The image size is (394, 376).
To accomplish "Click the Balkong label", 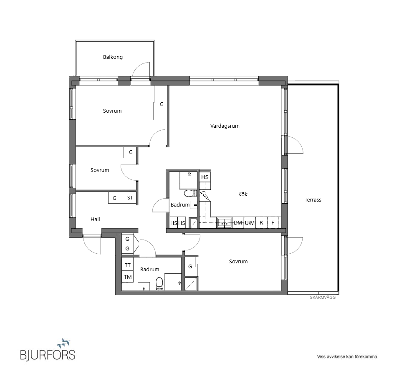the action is click(113, 57).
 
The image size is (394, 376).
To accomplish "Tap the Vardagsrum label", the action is click(225, 126).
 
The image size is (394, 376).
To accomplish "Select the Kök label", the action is click(243, 194).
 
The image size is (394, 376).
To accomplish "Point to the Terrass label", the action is click(313, 199).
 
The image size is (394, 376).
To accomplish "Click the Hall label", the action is click(95, 219).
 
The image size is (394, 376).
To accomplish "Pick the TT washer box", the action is click(128, 265).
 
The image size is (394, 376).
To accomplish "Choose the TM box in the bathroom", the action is click(128, 277).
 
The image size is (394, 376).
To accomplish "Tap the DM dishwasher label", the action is click(238, 222).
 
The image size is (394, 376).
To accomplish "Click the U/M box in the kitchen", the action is click(250, 222).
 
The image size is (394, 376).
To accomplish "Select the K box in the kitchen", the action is click(261, 222).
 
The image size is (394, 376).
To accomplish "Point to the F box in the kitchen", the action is click(273, 222).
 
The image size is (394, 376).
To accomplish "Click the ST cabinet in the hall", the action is click(130, 198).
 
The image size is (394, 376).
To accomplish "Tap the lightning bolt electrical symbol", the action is click(205, 196).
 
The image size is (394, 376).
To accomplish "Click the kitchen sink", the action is click(225, 222).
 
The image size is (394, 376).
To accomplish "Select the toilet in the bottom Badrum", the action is click(159, 284).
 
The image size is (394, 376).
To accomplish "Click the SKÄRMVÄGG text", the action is click(323, 298).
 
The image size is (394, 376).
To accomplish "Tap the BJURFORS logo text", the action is click(48, 355).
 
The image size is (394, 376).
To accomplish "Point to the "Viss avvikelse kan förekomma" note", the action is click(347, 356).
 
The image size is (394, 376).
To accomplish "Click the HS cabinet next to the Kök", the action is click(205, 177).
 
